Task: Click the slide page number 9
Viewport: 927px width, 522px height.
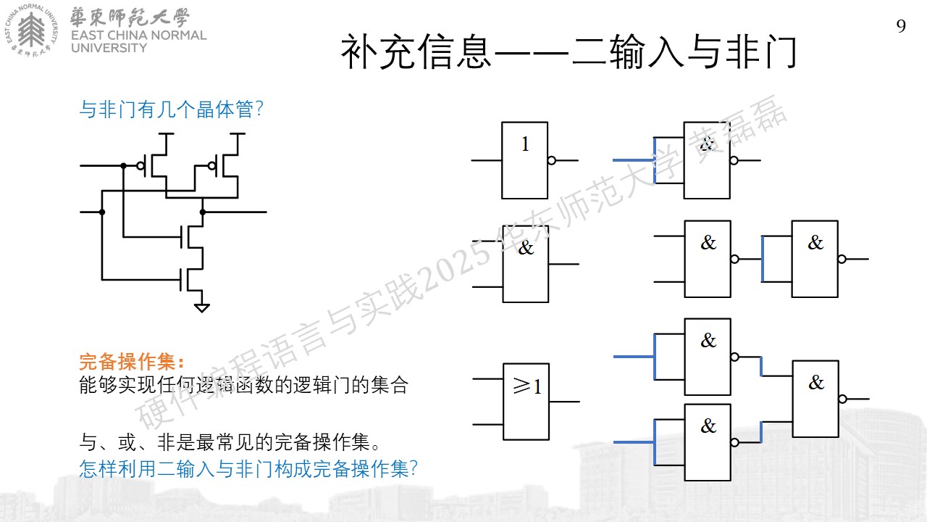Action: point(901,26)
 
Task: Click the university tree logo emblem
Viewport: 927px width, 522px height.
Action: point(31,30)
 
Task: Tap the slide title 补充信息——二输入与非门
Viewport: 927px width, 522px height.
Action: point(569,51)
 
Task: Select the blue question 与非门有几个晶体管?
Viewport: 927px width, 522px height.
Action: point(171,109)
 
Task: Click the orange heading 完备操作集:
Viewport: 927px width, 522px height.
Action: point(131,361)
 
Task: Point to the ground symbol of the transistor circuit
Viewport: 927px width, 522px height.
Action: point(202,308)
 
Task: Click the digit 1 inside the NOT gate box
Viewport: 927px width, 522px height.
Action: point(525,144)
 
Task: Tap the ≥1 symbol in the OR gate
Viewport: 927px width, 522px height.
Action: point(527,386)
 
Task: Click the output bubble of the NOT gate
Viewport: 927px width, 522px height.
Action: point(552,161)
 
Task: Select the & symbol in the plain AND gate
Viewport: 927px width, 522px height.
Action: point(526,248)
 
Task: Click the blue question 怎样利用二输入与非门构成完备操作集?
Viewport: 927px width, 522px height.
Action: point(248,469)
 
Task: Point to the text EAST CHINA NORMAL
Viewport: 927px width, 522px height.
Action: point(138,36)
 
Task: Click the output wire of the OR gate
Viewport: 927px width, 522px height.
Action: point(564,402)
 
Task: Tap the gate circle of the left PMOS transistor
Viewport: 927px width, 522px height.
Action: point(140,166)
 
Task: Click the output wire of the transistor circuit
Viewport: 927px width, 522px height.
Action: point(235,212)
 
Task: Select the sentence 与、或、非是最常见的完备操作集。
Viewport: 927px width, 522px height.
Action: point(230,442)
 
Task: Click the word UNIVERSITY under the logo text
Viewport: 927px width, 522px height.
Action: point(109,48)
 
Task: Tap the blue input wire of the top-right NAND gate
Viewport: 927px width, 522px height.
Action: point(634,160)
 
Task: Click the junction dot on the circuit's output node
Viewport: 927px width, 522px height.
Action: point(203,212)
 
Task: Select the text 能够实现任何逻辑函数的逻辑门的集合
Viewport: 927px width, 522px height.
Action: point(243,385)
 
